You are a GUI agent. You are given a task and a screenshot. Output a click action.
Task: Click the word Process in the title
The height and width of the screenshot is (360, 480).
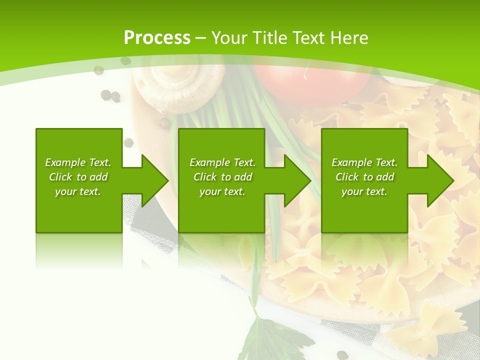(x=157, y=38)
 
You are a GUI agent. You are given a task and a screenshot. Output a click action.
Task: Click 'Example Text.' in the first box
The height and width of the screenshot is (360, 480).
(x=78, y=162)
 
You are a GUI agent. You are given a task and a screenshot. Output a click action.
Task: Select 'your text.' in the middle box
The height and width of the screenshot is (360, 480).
(x=222, y=191)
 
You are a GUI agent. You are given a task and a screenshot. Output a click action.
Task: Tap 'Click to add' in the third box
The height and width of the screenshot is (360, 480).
(x=364, y=177)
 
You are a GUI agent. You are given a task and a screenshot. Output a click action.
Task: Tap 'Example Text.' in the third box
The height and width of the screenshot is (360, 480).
(x=364, y=162)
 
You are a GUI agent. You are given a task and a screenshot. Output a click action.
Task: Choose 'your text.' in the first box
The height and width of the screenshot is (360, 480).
(x=78, y=191)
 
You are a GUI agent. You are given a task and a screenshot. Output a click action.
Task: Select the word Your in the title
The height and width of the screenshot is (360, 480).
(x=229, y=38)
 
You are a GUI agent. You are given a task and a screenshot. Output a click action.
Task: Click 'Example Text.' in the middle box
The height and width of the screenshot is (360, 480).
(x=222, y=162)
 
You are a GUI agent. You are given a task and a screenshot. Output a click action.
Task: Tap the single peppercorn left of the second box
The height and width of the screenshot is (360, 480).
(x=128, y=142)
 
